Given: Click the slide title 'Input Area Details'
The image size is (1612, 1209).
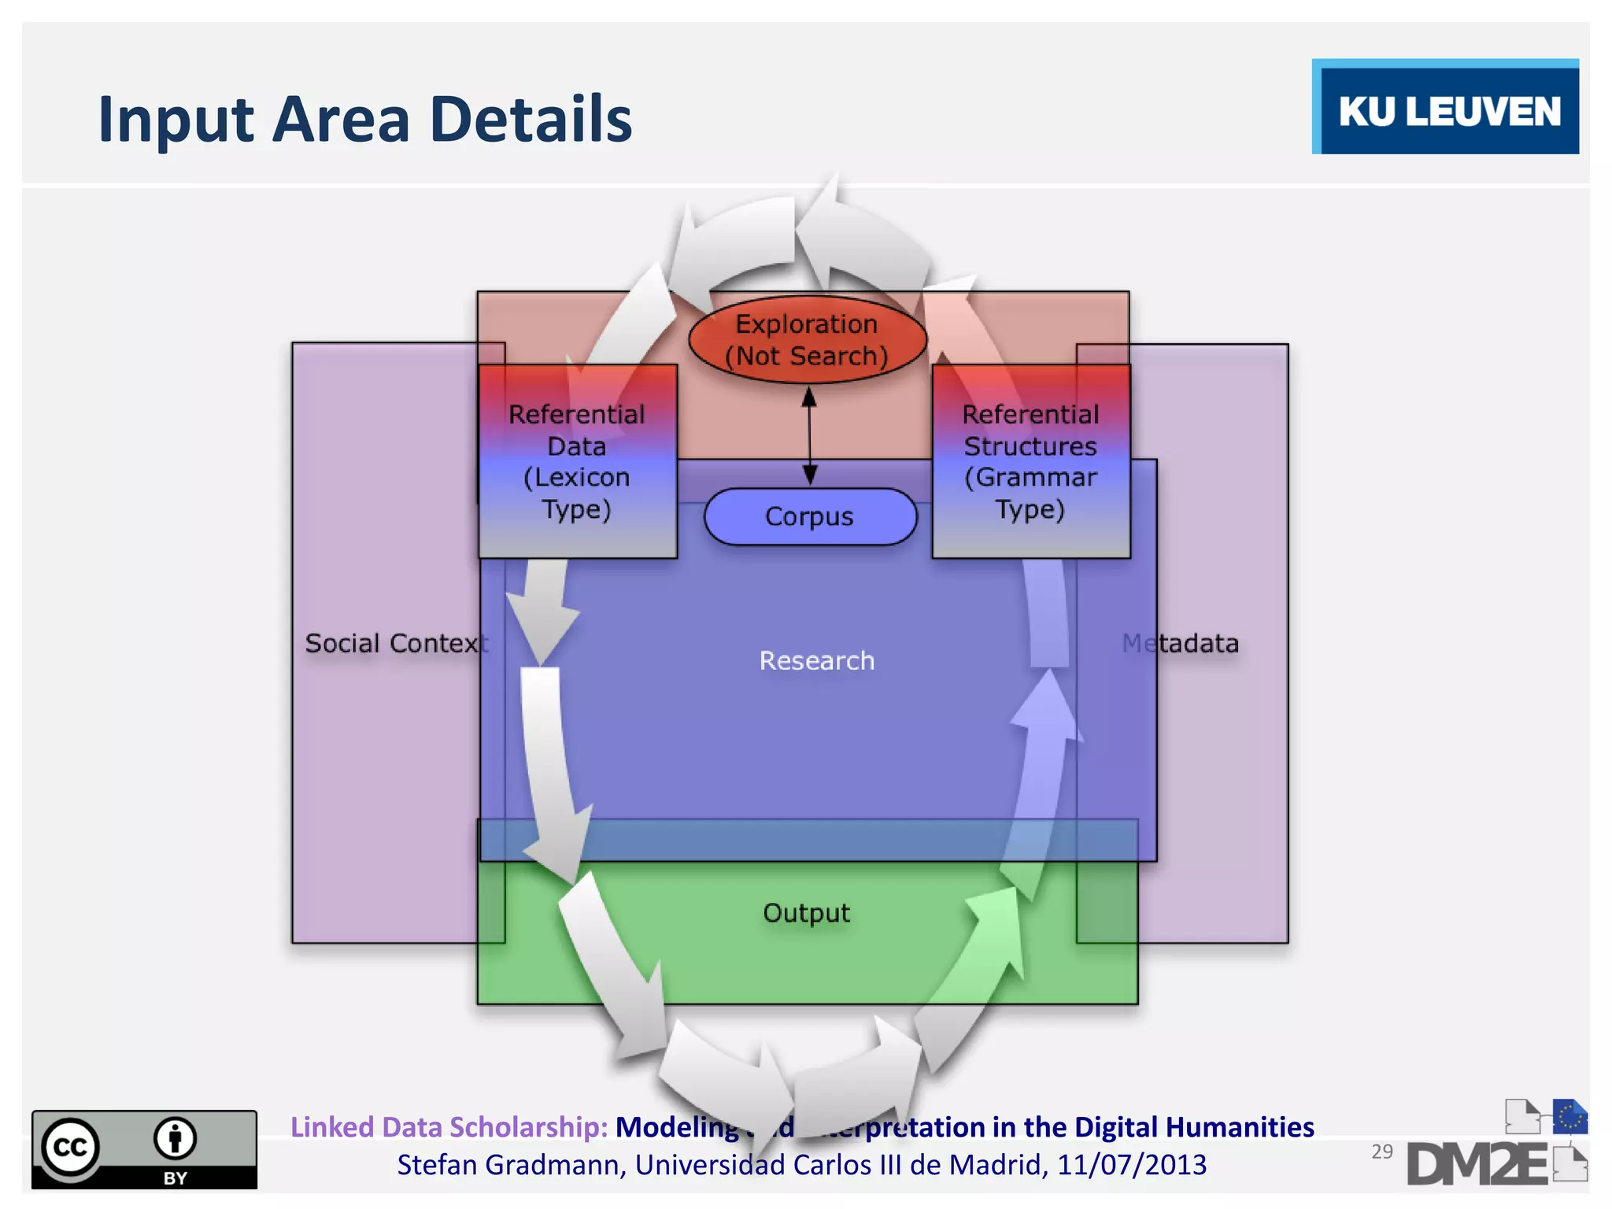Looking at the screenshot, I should click(364, 119).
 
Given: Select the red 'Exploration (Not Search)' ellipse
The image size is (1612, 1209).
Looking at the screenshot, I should click(807, 340).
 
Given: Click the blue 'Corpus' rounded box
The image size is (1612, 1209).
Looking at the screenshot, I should click(810, 516).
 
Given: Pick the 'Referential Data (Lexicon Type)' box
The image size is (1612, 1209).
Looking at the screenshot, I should click(577, 462).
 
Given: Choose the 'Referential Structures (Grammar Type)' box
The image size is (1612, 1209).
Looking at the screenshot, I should click(1030, 462).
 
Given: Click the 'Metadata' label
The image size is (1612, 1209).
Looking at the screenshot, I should click(1181, 643).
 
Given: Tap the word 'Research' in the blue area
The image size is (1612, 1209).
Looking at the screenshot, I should click(816, 660).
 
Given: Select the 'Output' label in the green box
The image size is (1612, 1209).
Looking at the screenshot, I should click(806, 913).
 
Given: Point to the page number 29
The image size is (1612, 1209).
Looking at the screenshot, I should click(1381, 1152).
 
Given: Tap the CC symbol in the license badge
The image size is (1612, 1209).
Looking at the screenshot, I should click(70, 1147).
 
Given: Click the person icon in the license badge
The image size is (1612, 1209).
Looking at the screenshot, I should click(175, 1139).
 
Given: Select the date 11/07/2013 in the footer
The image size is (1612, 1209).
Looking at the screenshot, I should click(1131, 1165).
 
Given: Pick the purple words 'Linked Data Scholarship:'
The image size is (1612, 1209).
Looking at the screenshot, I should click(449, 1127).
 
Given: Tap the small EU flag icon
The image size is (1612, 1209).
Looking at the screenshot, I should click(1569, 1116).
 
